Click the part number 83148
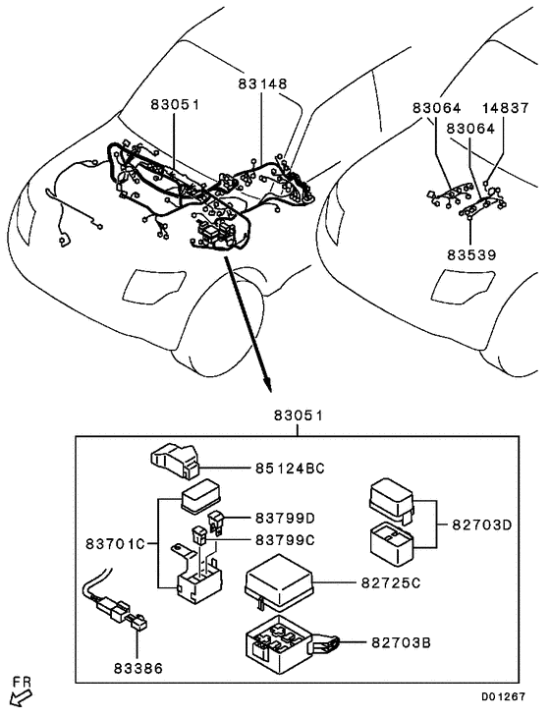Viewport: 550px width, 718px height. (x=262, y=84)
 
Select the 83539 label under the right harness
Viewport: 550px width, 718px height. (x=471, y=254)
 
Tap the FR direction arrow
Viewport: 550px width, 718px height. (x=20, y=696)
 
